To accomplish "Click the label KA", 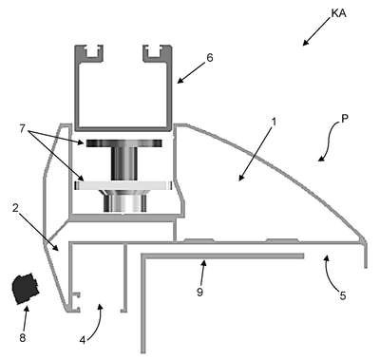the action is [x=338, y=13].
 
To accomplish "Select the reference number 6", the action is [x=210, y=58].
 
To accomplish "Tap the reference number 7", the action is [x=22, y=129].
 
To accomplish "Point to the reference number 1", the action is [x=275, y=122].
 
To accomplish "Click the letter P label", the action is [x=345, y=118].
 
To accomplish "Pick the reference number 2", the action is [x=15, y=208].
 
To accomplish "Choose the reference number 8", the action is [x=23, y=338].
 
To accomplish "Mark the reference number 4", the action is [x=83, y=340].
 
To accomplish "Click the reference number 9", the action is [x=199, y=292].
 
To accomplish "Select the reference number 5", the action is [x=343, y=295].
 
